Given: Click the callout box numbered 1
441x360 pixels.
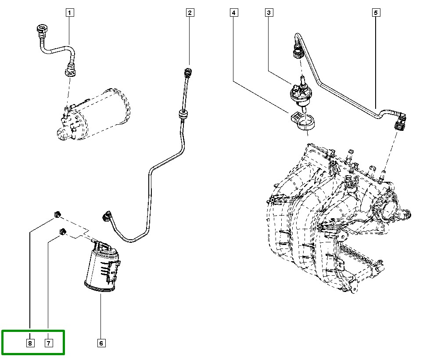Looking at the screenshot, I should coord(70,13).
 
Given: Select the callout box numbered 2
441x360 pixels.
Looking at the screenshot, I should coord(190,13).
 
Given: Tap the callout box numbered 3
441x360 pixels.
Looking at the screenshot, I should coord(269,13).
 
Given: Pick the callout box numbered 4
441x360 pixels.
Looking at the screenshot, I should coord(234,13).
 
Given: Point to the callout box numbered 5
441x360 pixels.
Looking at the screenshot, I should coord(376,13).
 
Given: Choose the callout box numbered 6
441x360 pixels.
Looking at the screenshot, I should coord(100,343).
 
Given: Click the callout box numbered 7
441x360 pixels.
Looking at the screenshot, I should coord(48,343).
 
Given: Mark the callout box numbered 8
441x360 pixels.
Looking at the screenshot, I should coord(30,343).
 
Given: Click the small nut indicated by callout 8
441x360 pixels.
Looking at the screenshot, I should coord(57,214).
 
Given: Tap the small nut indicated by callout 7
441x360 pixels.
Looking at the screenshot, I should coord(63,231).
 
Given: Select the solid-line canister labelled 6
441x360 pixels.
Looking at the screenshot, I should coord(102,268).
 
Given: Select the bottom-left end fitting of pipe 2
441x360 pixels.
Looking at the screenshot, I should coord(107,216).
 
